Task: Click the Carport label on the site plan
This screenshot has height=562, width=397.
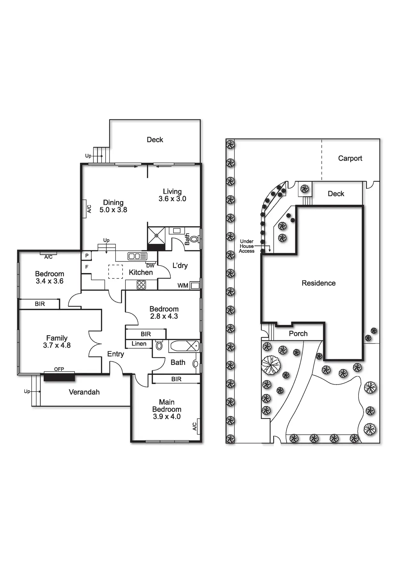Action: click(350, 158)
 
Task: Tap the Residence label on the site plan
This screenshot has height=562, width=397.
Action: click(319, 283)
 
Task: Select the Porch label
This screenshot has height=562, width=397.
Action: click(298, 334)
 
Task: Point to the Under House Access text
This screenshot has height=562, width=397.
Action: click(247, 246)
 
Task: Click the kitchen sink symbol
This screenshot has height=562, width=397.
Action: click(137, 256)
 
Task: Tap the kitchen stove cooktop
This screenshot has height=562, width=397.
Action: click(141, 285)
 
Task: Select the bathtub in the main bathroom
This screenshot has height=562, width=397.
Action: click(184, 346)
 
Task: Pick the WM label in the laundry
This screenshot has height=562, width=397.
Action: click(183, 285)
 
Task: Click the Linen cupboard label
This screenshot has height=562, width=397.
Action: click(139, 344)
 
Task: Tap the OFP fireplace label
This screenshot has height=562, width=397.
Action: click(59, 369)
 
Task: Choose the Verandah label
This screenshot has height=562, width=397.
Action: click(84, 392)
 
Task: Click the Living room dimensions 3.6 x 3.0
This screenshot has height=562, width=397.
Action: click(172, 199)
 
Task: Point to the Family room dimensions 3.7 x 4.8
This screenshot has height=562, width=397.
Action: click(57, 345)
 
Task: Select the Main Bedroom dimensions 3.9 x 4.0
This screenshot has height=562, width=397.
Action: click(166, 417)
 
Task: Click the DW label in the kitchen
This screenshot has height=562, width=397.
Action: click(150, 266)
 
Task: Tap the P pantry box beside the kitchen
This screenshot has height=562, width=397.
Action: click(87, 256)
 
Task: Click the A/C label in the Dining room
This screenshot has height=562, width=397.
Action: click(89, 209)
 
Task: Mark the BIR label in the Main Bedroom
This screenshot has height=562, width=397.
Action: click(176, 379)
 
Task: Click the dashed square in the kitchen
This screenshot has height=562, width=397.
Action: click(115, 272)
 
